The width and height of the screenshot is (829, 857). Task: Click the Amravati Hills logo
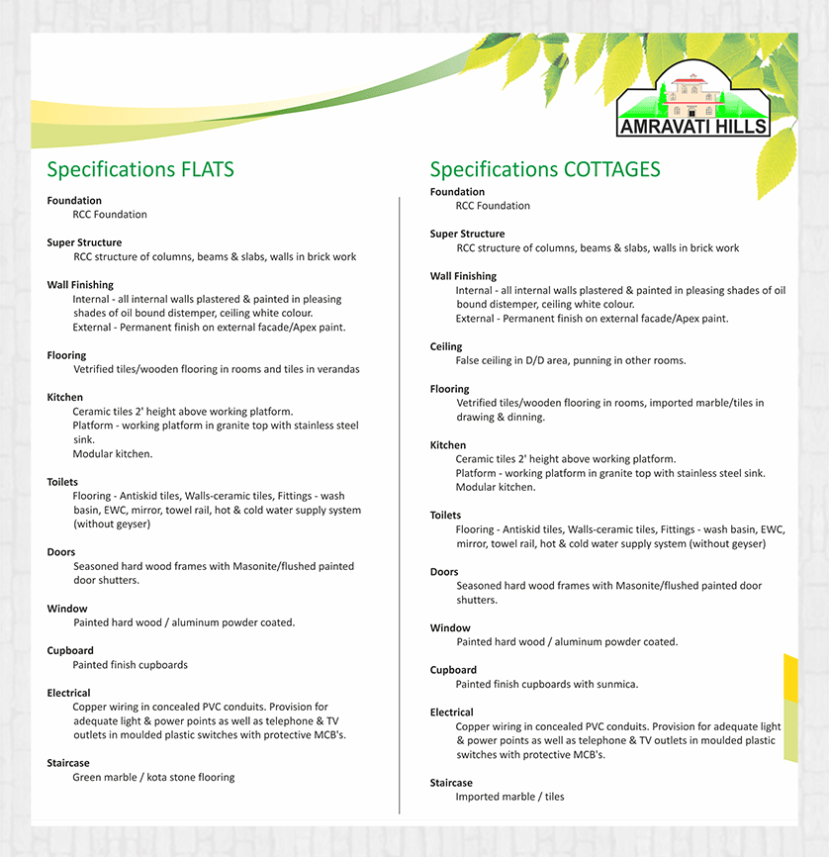[x=692, y=104]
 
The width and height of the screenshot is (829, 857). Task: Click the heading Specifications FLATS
[x=140, y=169]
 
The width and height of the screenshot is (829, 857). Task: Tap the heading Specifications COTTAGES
[x=545, y=169]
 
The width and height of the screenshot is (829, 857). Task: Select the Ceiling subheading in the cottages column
[x=446, y=346]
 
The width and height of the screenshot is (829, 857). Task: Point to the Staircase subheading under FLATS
[x=68, y=763]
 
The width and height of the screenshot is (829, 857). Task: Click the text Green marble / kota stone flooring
[x=153, y=778]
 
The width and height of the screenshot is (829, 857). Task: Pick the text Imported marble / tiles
[x=509, y=797]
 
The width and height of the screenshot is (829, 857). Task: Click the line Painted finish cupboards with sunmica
[x=546, y=684]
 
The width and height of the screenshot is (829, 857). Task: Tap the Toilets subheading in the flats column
[x=62, y=482]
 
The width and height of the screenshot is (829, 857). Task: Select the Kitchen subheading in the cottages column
[x=448, y=445]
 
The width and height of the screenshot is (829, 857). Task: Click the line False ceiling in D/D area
[x=570, y=360]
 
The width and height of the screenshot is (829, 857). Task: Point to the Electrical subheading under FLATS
[x=68, y=693]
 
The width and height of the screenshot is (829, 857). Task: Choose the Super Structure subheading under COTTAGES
[x=467, y=235]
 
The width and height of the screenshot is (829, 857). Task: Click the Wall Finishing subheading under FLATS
[x=80, y=285]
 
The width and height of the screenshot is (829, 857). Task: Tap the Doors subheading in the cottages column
[x=444, y=572]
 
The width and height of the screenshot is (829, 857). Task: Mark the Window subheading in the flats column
[x=67, y=609]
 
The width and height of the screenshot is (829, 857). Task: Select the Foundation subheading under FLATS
[x=74, y=201]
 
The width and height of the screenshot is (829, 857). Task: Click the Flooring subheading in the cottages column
[x=450, y=389]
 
